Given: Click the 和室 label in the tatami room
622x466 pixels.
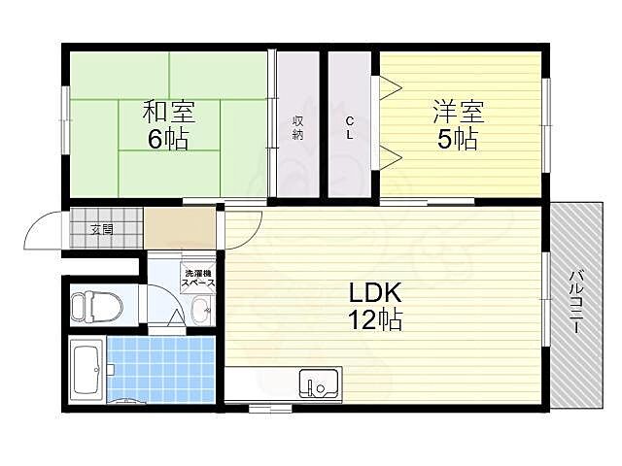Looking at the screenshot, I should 169,111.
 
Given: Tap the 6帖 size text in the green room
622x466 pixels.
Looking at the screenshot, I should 168,139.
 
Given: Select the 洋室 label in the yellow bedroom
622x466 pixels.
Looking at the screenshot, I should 457,111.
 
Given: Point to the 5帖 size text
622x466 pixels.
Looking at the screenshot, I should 457,139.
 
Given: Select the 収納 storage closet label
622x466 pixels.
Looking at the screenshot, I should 298,127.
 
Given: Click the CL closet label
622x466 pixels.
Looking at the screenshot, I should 350,127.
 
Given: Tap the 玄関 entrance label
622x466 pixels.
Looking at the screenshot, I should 102,230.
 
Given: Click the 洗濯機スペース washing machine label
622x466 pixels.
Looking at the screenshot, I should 199,277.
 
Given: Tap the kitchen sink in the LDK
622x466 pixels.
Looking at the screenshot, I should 318,384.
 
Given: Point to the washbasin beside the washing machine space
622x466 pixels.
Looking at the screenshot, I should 200,312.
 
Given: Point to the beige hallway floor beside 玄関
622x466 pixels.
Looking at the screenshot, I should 180,230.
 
